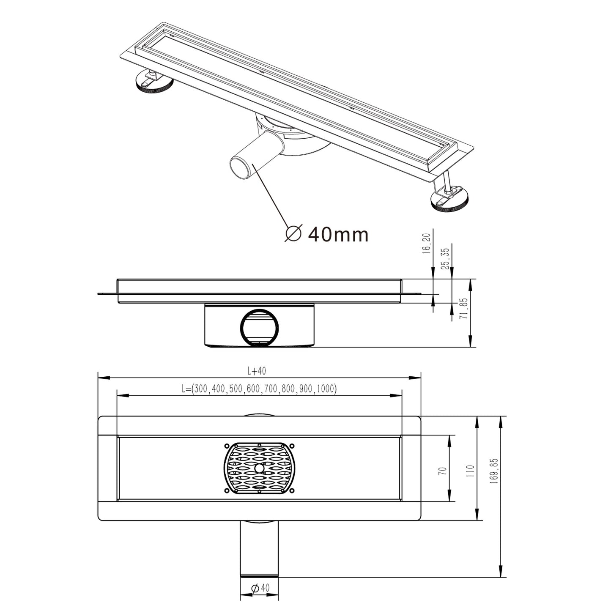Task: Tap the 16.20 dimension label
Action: point(426,244)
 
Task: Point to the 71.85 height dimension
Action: point(464,308)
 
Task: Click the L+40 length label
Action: point(257,371)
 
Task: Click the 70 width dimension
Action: point(442,471)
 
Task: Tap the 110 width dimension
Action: point(471,471)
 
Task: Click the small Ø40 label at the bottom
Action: point(260,588)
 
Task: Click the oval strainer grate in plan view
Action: point(259,468)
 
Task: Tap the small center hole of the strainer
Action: point(259,468)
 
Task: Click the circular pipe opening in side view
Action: point(259,328)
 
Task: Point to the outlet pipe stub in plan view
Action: point(259,548)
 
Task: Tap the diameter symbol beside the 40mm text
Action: point(293,233)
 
